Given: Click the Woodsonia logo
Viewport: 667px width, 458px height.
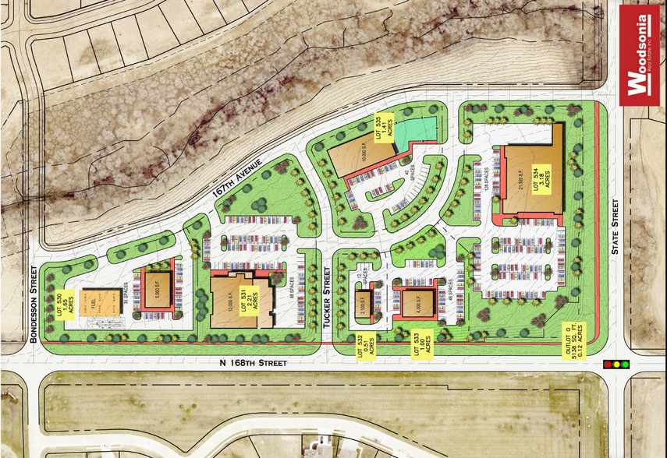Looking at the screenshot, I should (640, 55).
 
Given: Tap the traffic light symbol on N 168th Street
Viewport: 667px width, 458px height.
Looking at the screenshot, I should (616, 364).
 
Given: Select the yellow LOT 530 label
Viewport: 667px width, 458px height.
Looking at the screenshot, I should (68, 303).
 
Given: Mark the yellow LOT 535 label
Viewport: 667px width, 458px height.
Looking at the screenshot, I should (378, 129).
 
